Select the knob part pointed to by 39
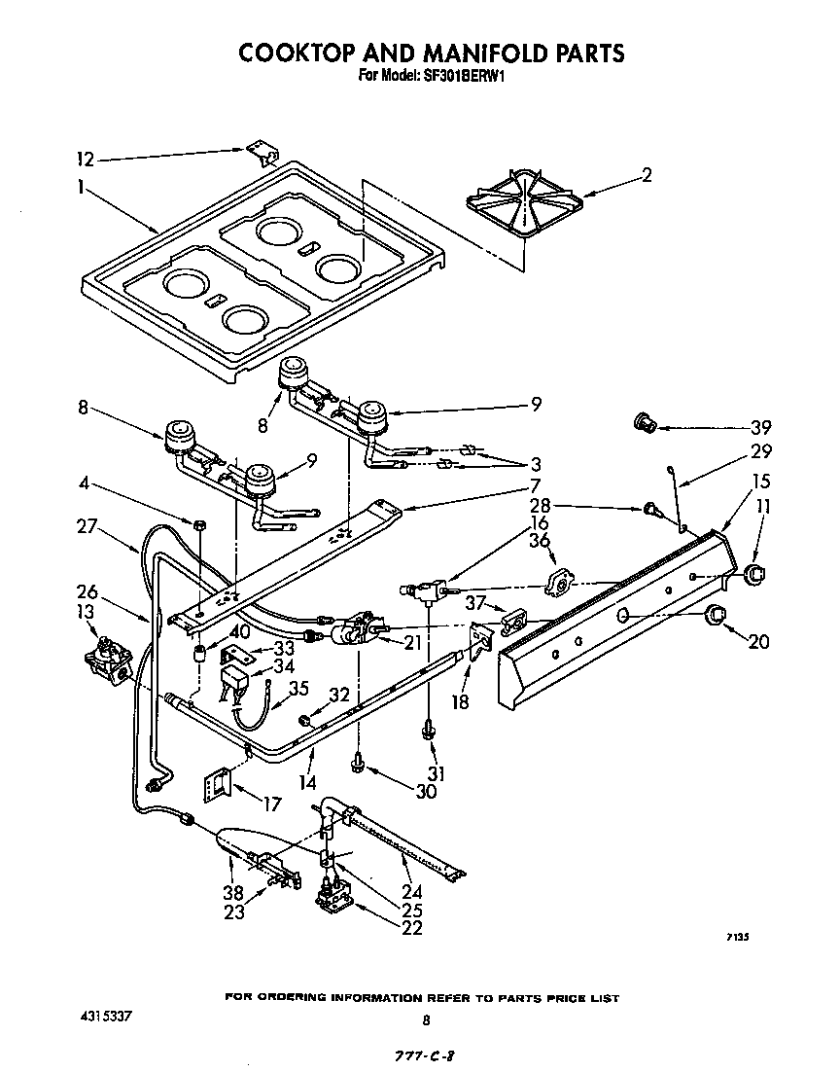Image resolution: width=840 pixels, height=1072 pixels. (x=644, y=421)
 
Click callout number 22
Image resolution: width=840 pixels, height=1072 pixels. (x=412, y=928)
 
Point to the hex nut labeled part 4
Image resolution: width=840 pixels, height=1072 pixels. (x=198, y=524)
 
